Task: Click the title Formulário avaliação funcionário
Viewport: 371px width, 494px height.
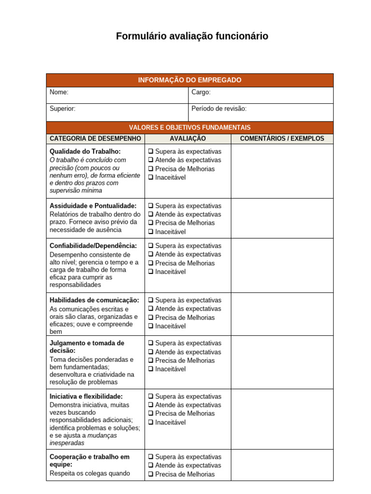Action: (x=192, y=36)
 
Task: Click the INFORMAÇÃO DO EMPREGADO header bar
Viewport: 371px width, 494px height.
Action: (x=189, y=80)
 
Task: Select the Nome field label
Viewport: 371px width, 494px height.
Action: (x=59, y=92)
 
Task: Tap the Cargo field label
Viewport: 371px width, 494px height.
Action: (x=201, y=92)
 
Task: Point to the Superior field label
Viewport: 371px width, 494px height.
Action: (x=62, y=109)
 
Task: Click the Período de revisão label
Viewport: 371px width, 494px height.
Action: (x=219, y=109)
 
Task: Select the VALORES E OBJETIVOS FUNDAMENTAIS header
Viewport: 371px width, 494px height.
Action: (x=189, y=127)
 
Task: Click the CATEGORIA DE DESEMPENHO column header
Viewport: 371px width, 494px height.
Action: (x=95, y=138)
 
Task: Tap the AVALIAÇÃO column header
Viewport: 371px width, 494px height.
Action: (x=187, y=138)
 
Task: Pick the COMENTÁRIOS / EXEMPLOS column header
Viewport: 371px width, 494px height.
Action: (x=282, y=138)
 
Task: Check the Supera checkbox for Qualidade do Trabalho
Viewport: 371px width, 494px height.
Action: (x=151, y=151)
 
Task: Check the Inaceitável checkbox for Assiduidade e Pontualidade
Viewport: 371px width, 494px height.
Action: (x=151, y=232)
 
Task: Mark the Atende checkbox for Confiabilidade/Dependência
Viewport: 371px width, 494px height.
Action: (x=151, y=254)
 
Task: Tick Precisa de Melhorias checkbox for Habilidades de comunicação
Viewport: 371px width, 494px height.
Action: (x=151, y=317)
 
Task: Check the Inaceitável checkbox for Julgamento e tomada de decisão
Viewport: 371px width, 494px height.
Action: (x=151, y=369)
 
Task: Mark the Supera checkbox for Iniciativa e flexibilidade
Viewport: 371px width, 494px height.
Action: (x=151, y=397)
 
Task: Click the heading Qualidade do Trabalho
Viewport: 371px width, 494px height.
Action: (x=85, y=151)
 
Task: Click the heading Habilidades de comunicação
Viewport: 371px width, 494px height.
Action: (x=94, y=300)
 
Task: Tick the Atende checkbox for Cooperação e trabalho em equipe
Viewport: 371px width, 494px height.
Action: (x=151, y=466)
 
